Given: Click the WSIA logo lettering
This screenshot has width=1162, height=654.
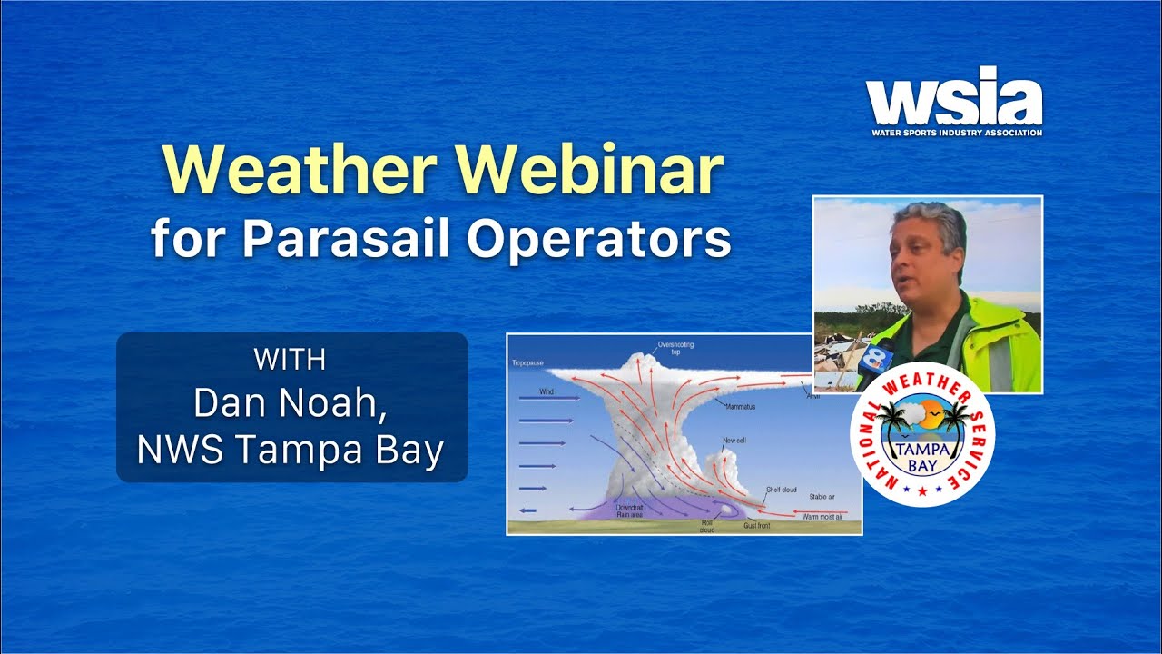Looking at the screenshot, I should (x=953, y=97).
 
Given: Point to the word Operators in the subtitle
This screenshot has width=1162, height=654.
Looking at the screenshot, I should (x=599, y=240).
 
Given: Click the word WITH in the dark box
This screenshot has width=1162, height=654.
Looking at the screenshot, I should (x=290, y=360).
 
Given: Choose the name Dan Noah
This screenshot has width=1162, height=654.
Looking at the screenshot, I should (x=290, y=403).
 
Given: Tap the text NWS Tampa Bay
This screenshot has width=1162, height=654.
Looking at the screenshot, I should (x=290, y=450).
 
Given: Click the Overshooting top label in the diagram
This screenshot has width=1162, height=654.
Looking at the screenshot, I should (x=674, y=348).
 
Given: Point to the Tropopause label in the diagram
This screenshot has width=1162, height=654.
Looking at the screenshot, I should (x=527, y=362).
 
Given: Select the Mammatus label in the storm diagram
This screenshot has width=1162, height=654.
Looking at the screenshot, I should (x=740, y=406).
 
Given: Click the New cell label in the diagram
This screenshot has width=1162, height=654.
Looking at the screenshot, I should (x=734, y=441).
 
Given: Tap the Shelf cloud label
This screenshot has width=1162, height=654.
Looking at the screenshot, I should (x=781, y=490).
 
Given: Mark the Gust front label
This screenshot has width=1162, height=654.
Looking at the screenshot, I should (x=757, y=526).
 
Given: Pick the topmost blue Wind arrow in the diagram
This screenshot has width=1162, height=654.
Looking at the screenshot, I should (x=548, y=398).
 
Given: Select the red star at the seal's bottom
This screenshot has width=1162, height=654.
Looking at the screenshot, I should (x=922, y=490).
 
